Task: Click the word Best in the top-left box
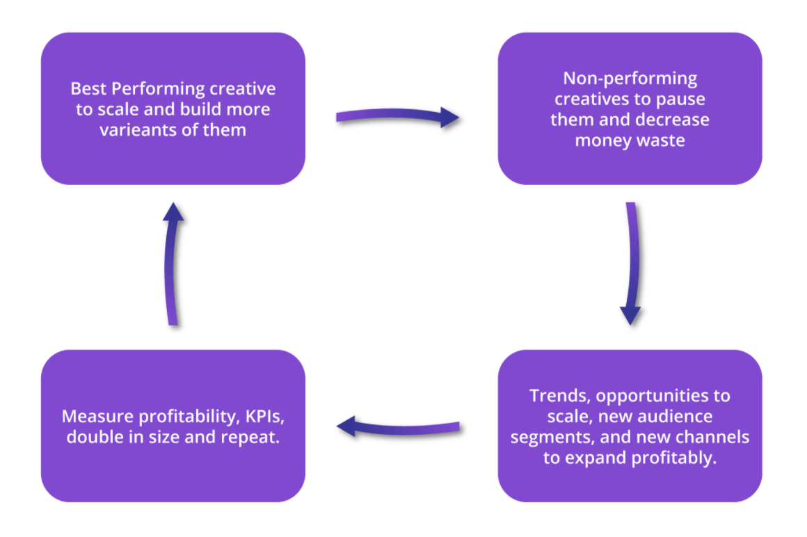89,89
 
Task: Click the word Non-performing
630,78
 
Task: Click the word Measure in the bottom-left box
94,417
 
